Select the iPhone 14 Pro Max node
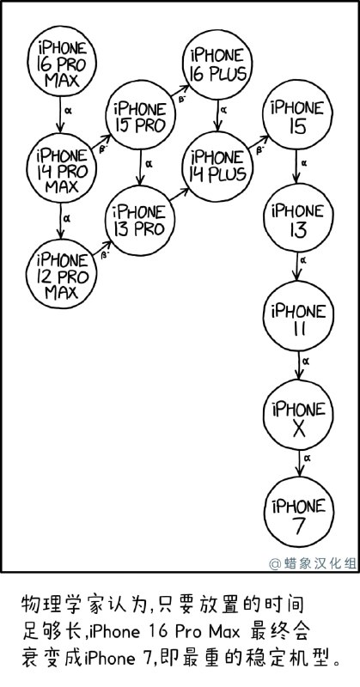[x=61, y=168]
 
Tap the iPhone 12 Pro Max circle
[x=61, y=274]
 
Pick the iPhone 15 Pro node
[x=140, y=115]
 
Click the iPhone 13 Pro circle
[x=140, y=221]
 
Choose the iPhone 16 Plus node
[x=218, y=64]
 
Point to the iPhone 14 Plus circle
[x=217, y=167]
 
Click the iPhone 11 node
[x=299, y=316]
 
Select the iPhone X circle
[x=299, y=415]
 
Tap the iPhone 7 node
[x=299, y=512]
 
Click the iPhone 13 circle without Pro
[x=298, y=218]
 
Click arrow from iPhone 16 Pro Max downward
[x=60, y=114]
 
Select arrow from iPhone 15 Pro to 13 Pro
[x=140, y=167]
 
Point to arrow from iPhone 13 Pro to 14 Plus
[x=180, y=195]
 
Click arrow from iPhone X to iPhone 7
[x=299, y=463]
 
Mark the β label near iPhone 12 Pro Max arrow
[x=104, y=255]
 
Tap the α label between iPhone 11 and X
[x=307, y=361]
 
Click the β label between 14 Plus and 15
[x=259, y=150]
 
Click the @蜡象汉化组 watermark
[x=313, y=563]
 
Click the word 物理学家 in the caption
[x=55, y=605]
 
